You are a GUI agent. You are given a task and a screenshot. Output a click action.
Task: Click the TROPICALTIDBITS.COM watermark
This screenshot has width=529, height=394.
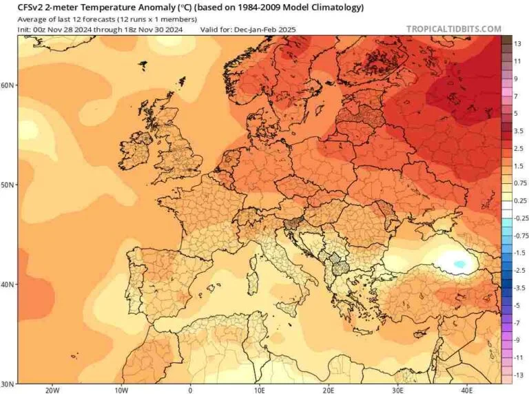(x=454, y=30)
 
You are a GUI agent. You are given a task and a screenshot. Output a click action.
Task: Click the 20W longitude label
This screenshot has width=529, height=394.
(x=52, y=390)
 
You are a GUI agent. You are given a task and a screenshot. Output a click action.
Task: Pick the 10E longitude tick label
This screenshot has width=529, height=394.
(x=260, y=390)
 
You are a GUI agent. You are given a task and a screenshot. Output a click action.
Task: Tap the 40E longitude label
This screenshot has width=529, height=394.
(x=467, y=390)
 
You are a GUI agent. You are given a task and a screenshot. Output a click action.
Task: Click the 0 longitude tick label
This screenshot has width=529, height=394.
(x=190, y=390)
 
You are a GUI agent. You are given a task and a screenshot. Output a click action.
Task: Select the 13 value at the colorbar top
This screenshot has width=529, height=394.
(x=517, y=44)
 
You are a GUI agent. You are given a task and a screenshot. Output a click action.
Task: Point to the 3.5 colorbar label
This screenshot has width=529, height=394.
(x=519, y=131)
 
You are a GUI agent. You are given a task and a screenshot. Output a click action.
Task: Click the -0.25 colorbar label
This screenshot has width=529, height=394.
(x=521, y=218)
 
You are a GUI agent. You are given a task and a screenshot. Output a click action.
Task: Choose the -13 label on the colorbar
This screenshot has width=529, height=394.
(x=519, y=375)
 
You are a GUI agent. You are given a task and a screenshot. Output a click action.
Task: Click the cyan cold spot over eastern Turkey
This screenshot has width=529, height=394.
(x=459, y=263)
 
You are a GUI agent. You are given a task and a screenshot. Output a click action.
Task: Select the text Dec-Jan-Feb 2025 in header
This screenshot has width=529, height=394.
(x=264, y=30)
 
